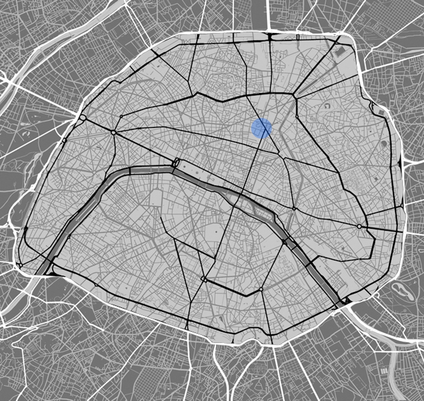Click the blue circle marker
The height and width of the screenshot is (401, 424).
point(261,128)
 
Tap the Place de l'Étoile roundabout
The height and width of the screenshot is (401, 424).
point(113,132)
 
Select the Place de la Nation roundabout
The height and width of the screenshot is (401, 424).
point(359,226)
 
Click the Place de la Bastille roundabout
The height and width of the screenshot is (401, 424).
point(294,209)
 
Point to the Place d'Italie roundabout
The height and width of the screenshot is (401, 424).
point(261,289)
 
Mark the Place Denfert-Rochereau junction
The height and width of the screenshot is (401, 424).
point(204,279)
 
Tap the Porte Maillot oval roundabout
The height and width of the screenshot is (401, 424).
point(83,118)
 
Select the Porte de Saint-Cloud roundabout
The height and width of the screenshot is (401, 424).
point(20,265)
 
